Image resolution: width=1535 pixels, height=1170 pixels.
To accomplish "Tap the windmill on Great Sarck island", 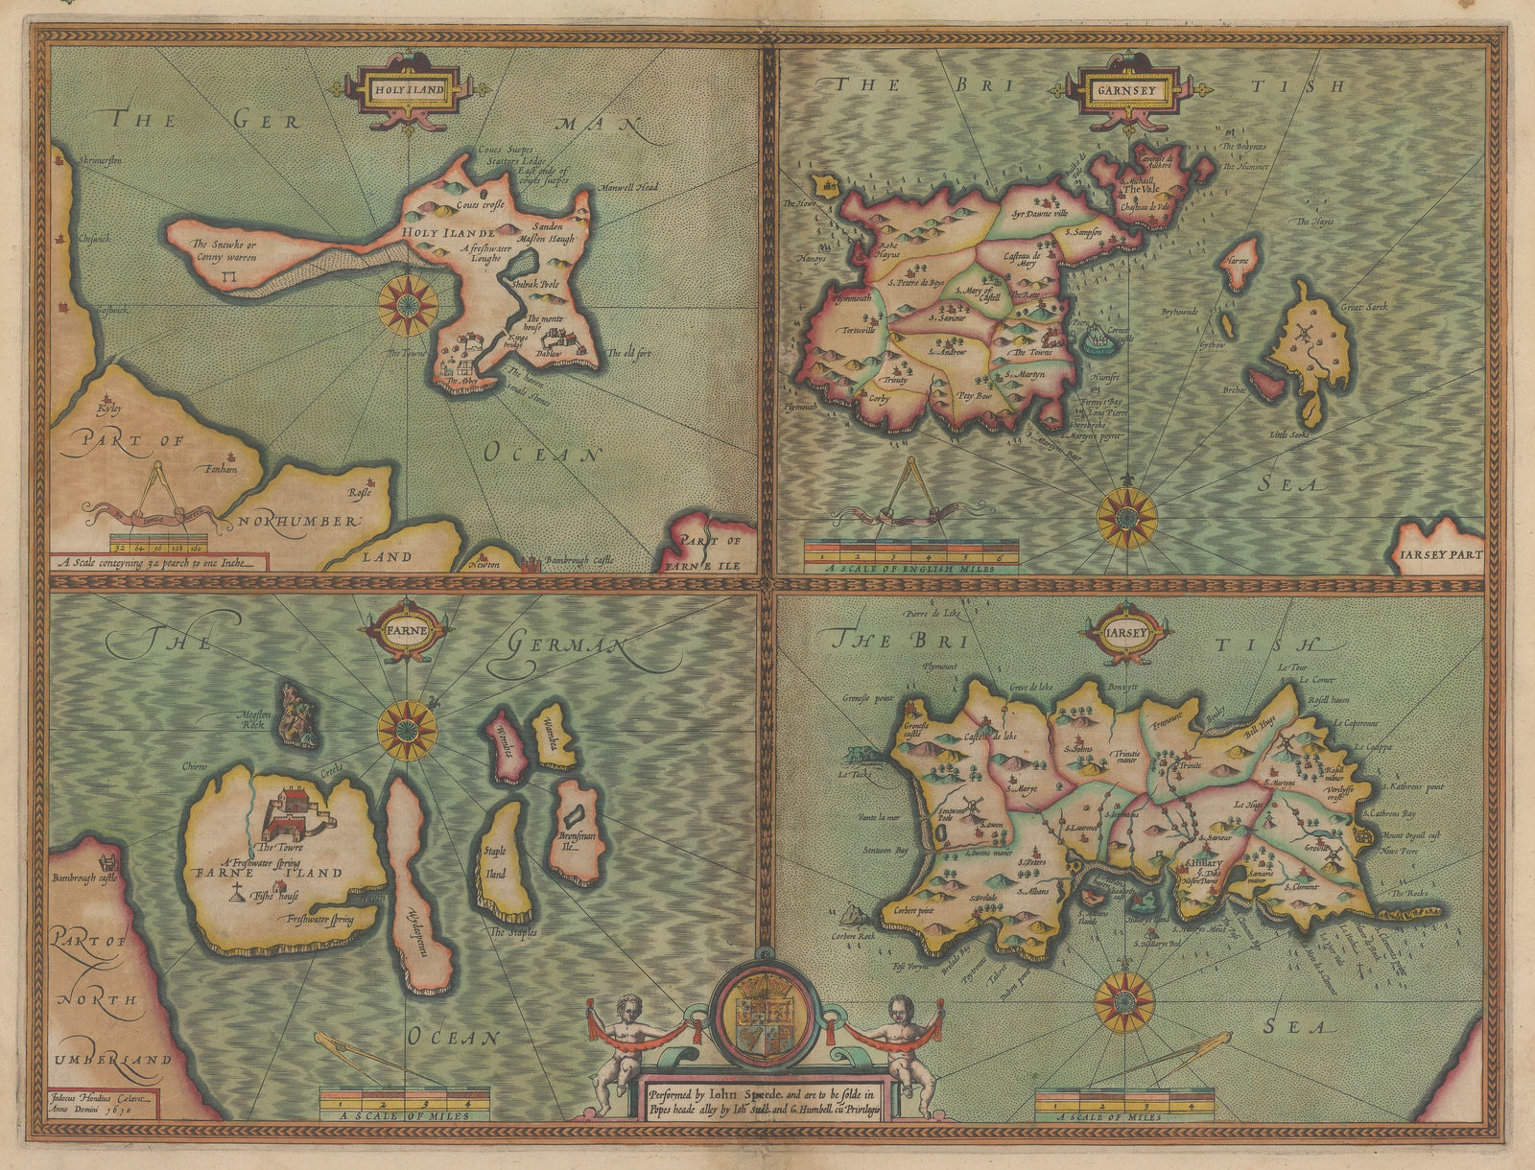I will click(1303, 334).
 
